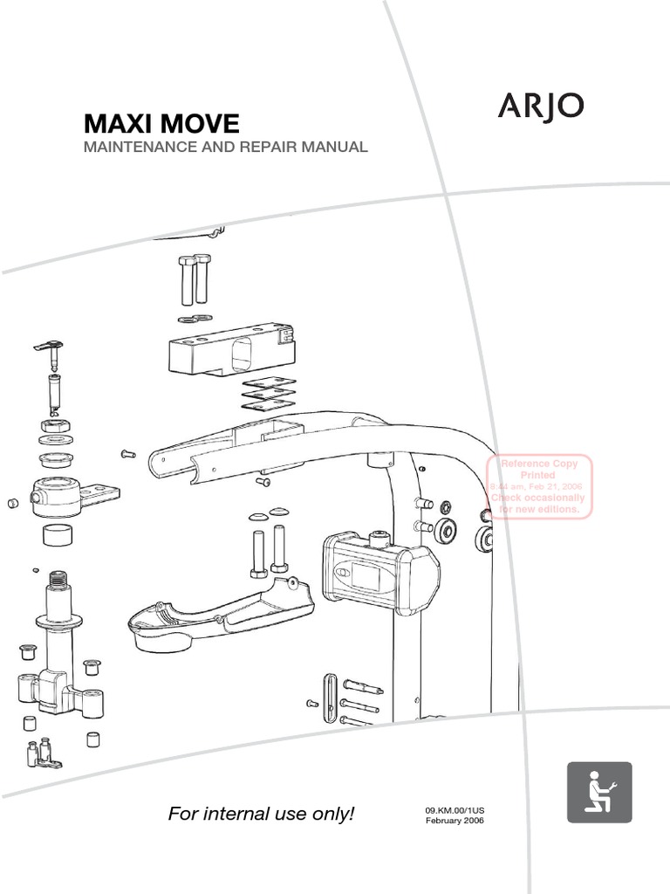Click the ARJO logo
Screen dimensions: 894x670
click(x=541, y=107)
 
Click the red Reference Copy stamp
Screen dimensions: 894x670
click(x=538, y=486)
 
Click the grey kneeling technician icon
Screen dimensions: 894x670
click(x=599, y=792)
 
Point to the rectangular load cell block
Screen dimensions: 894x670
click(x=230, y=347)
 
